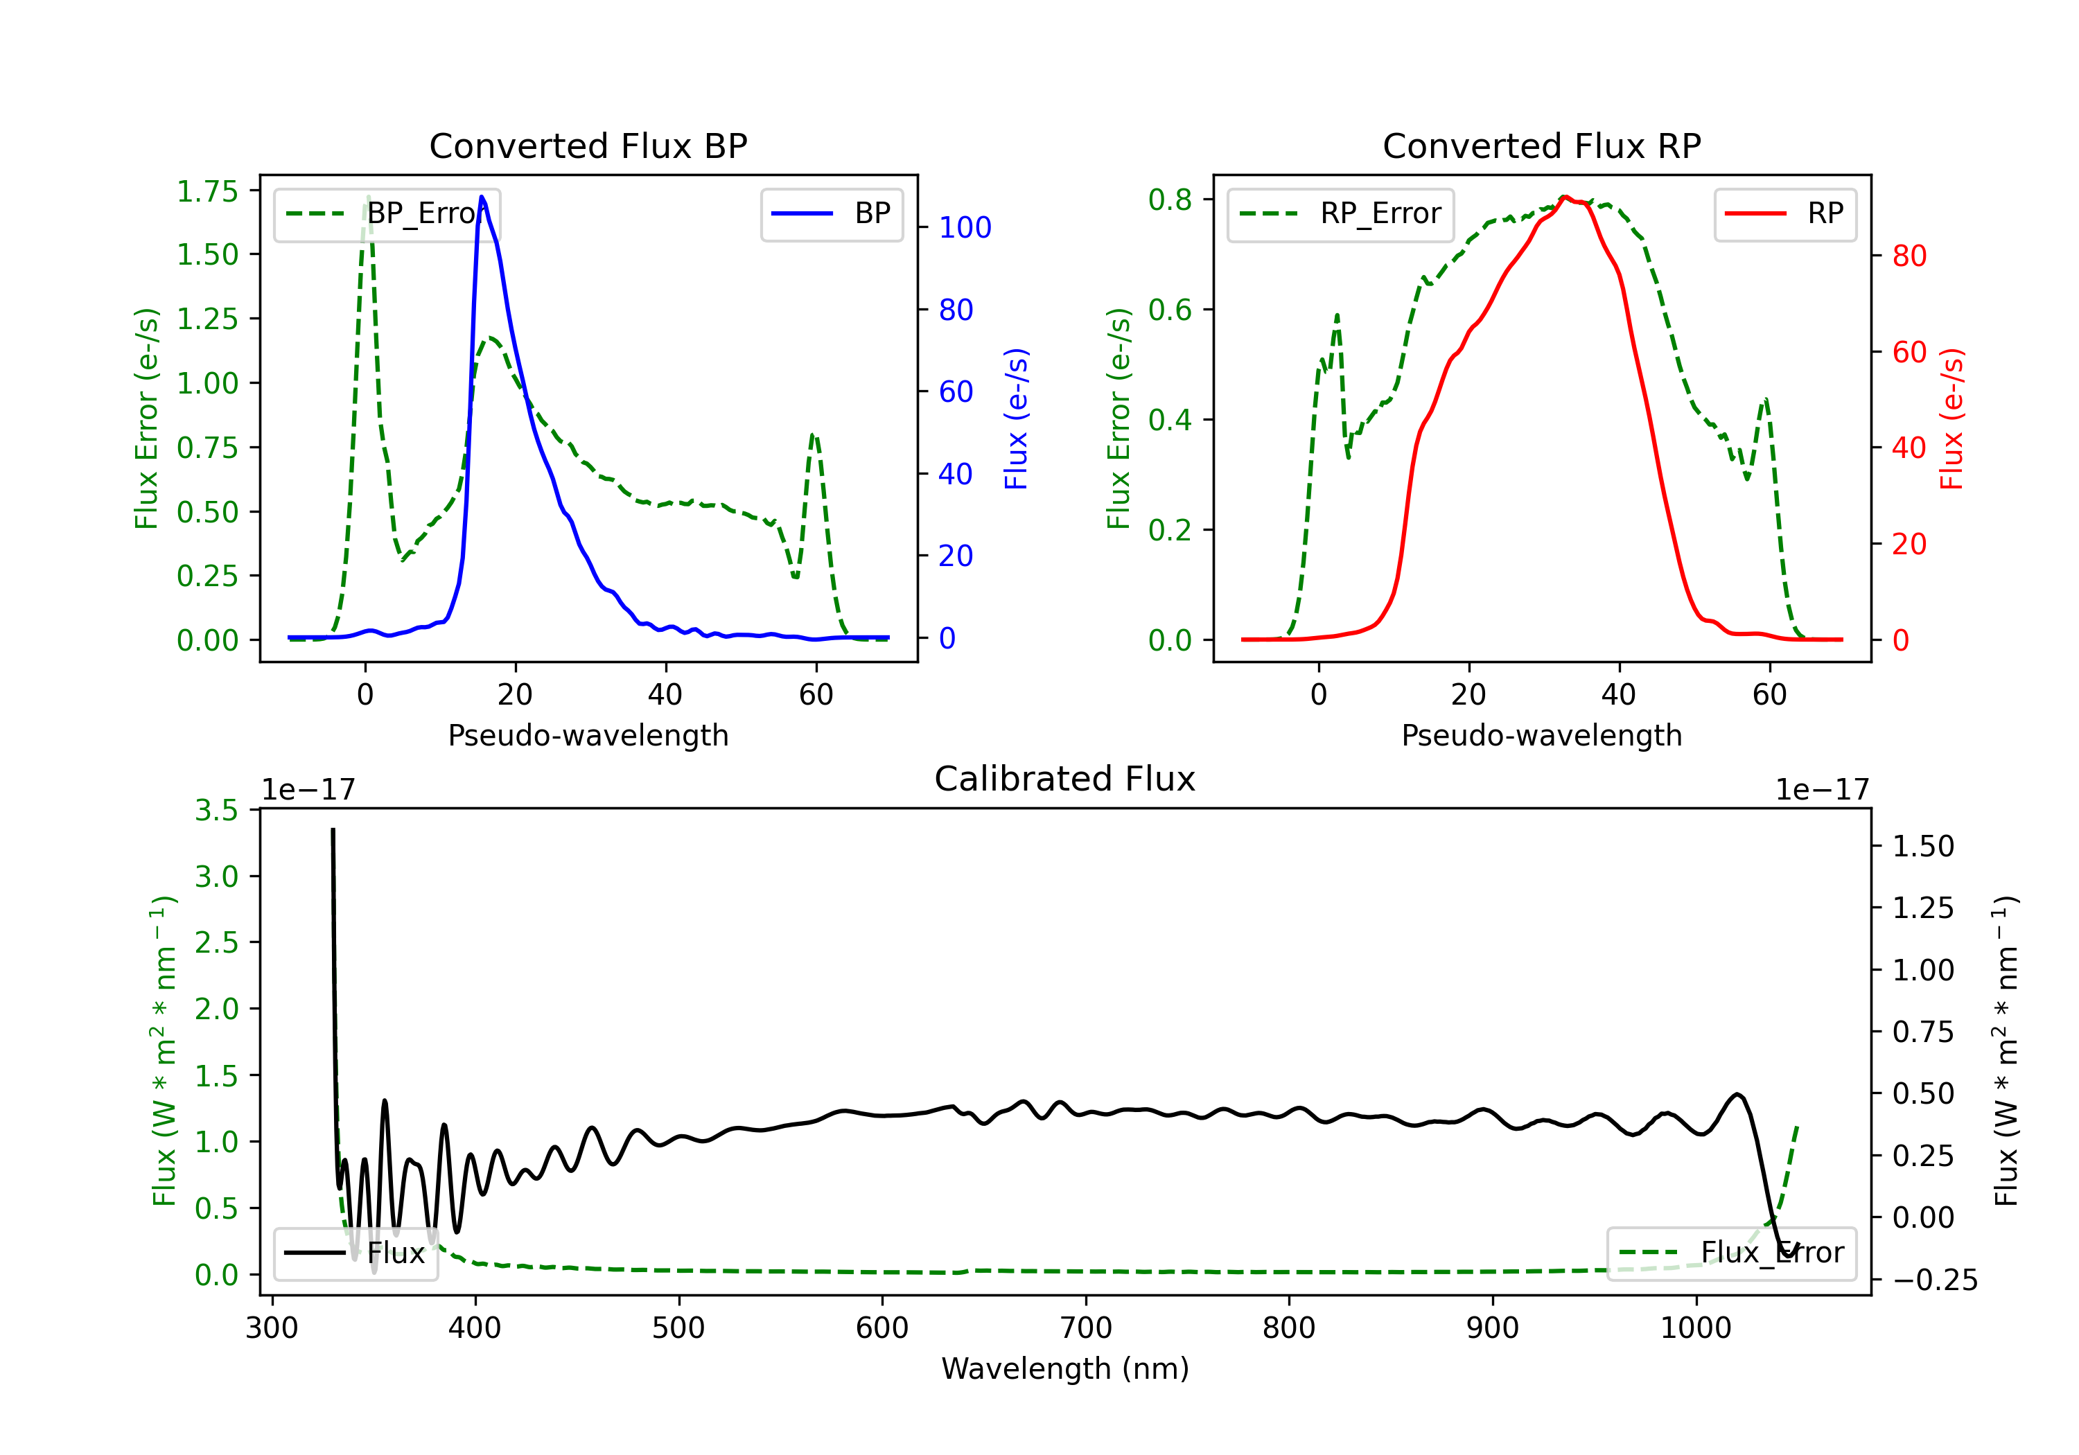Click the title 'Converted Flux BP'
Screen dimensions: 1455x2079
coord(588,145)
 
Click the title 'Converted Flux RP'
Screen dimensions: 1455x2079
coord(1541,145)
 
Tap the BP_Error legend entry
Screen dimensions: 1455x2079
coord(387,213)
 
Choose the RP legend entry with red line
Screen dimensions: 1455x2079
coord(1784,213)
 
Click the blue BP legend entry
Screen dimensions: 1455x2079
coord(831,213)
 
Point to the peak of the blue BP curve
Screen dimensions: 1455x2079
coord(482,197)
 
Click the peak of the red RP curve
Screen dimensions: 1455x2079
coord(1565,197)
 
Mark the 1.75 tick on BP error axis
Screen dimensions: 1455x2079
coord(207,191)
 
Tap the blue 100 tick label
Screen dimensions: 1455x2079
coord(965,227)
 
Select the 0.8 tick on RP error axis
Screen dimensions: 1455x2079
coord(1170,199)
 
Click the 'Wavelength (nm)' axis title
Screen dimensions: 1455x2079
coord(1065,1368)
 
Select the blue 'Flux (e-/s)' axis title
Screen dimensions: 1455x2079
coord(1016,418)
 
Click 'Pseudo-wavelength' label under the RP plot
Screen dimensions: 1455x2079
coord(1541,735)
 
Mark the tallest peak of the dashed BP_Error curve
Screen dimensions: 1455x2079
coord(367,197)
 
